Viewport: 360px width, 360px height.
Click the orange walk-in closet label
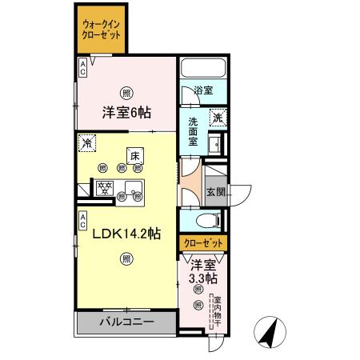click(101, 30)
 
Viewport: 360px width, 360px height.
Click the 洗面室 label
click(194, 130)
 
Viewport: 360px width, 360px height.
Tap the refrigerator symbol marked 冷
click(86, 144)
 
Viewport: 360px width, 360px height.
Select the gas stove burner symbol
click(103, 190)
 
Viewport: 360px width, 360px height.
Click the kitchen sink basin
click(132, 190)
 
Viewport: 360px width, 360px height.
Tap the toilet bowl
click(204, 222)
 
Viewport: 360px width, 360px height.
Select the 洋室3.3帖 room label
click(202, 271)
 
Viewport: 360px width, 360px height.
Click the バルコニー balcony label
click(126, 322)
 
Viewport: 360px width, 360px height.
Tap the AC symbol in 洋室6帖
click(83, 69)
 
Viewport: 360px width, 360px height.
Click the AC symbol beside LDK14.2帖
click(83, 218)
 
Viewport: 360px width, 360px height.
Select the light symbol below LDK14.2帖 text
click(126, 258)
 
